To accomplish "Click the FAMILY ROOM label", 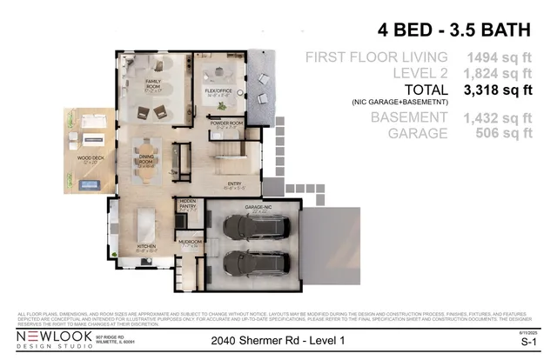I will point(155,83).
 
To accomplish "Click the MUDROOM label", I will point(190,242).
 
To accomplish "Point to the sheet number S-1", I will point(527,341).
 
